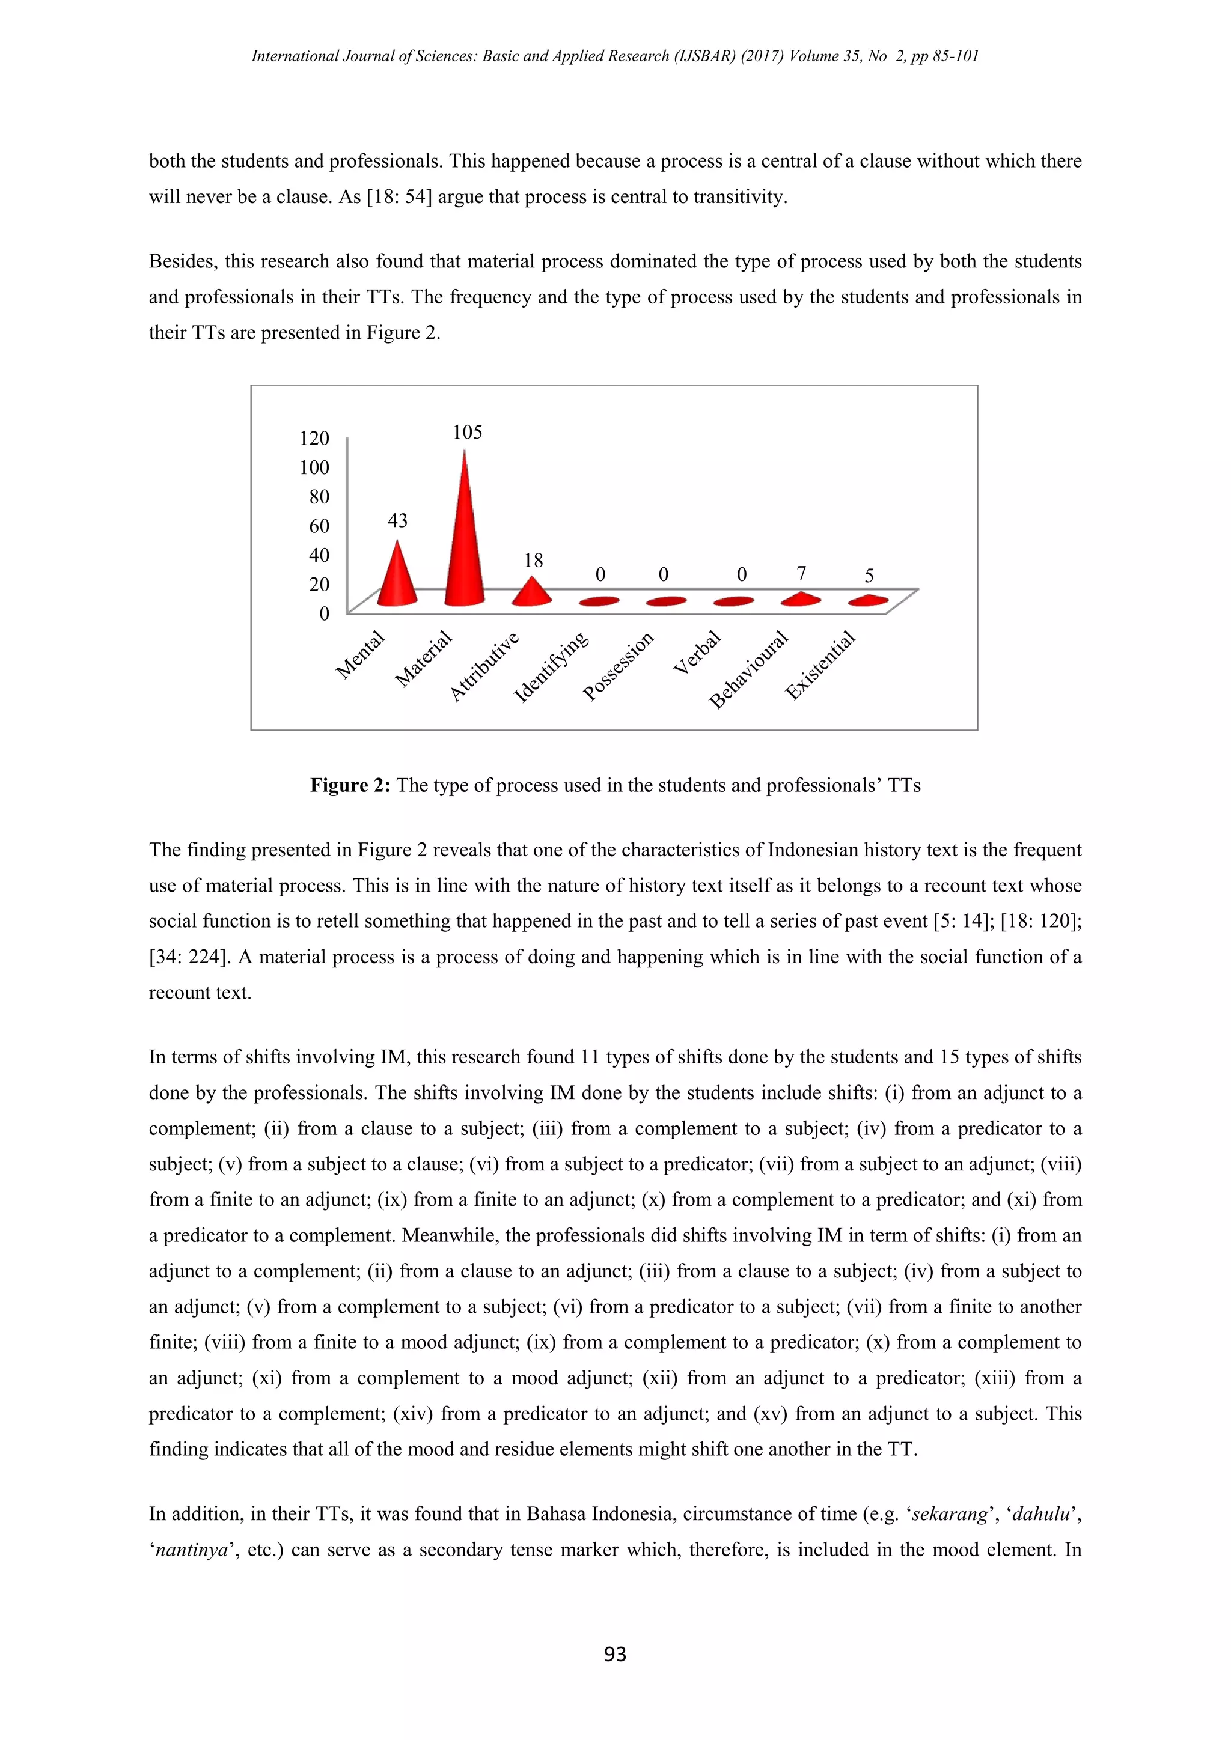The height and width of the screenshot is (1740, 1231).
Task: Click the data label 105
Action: click(x=467, y=433)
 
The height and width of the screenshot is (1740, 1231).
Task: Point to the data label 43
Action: click(x=397, y=521)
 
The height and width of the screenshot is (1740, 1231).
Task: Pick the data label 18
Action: click(x=533, y=561)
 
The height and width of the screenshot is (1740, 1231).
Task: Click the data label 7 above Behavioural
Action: click(x=801, y=574)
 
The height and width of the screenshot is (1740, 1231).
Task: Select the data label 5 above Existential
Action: click(x=869, y=576)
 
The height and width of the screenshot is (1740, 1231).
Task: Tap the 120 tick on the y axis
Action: click(x=314, y=438)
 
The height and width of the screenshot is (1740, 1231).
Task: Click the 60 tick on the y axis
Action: click(x=319, y=526)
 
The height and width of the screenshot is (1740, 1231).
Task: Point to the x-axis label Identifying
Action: click(x=551, y=667)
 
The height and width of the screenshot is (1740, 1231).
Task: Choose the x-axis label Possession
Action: click(x=618, y=666)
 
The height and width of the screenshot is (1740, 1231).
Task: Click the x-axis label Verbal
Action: click(x=697, y=652)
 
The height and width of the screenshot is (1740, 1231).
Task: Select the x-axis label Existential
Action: click(x=820, y=665)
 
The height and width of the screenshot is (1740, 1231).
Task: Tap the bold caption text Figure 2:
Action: click(x=349, y=785)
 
